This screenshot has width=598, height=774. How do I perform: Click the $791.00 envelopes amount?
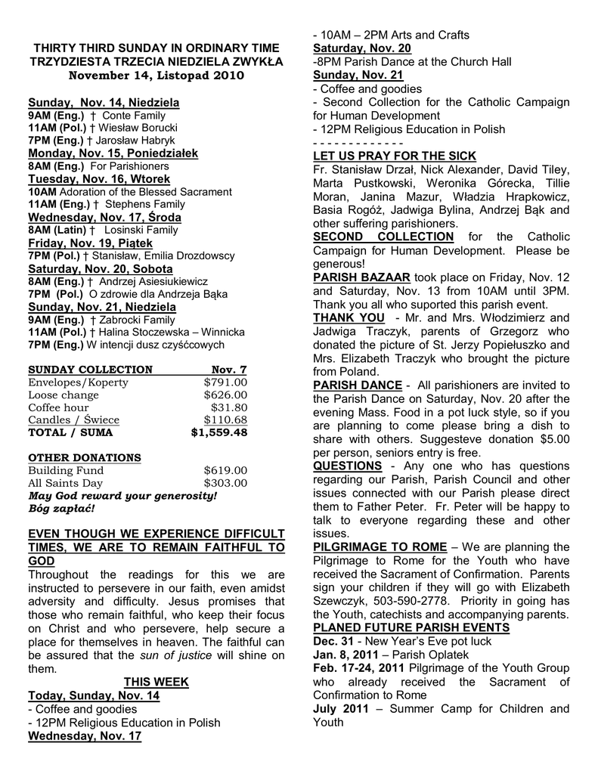(225, 382)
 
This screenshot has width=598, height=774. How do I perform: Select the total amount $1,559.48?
(219, 433)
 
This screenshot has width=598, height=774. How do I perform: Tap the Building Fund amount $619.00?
(225, 470)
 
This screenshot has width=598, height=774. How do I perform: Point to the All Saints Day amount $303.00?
(225, 483)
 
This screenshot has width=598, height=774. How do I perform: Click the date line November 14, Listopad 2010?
(156, 76)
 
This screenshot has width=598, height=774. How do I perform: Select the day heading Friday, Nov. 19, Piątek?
(90, 243)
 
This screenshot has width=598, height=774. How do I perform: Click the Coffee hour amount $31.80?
(230, 407)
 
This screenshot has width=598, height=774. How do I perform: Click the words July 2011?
(340, 709)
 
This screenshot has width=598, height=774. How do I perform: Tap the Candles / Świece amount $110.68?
(225, 420)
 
